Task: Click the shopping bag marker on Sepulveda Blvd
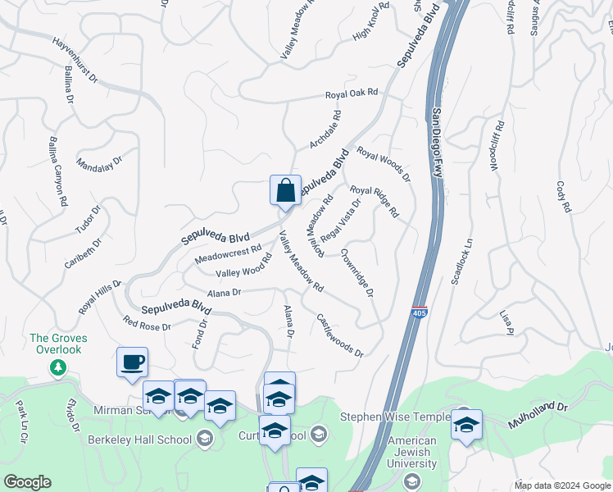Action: pos(285,190)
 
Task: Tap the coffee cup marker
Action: pos(133,362)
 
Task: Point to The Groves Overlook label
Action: pos(57,344)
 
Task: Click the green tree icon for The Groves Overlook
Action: pos(57,367)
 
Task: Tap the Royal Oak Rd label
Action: pos(352,93)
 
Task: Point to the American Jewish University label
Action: pos(411,453)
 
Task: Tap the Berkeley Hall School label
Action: pos(140,440)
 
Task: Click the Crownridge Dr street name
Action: pos(357,272)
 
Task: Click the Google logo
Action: pos(27,482)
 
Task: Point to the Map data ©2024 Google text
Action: pos(561,485)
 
